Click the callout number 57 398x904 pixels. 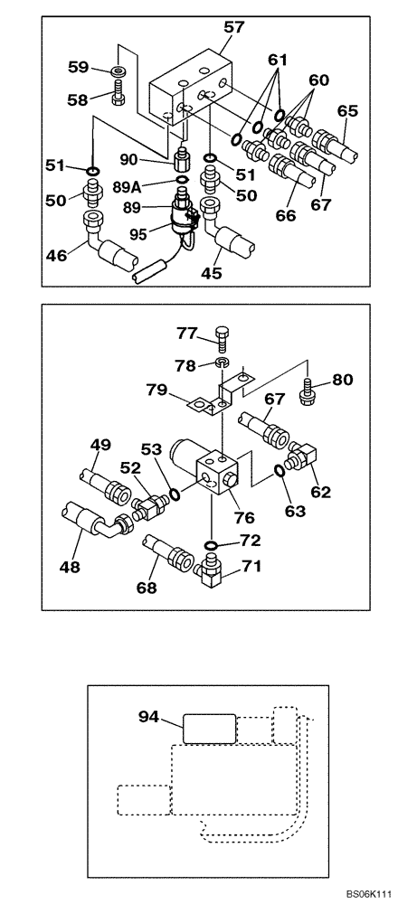pyautogui.click(x=234, y=29)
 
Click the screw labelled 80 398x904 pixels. pyautogui.click(x=308, y=392)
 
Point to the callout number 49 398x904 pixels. pyautogui.click(x=100, y=444)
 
